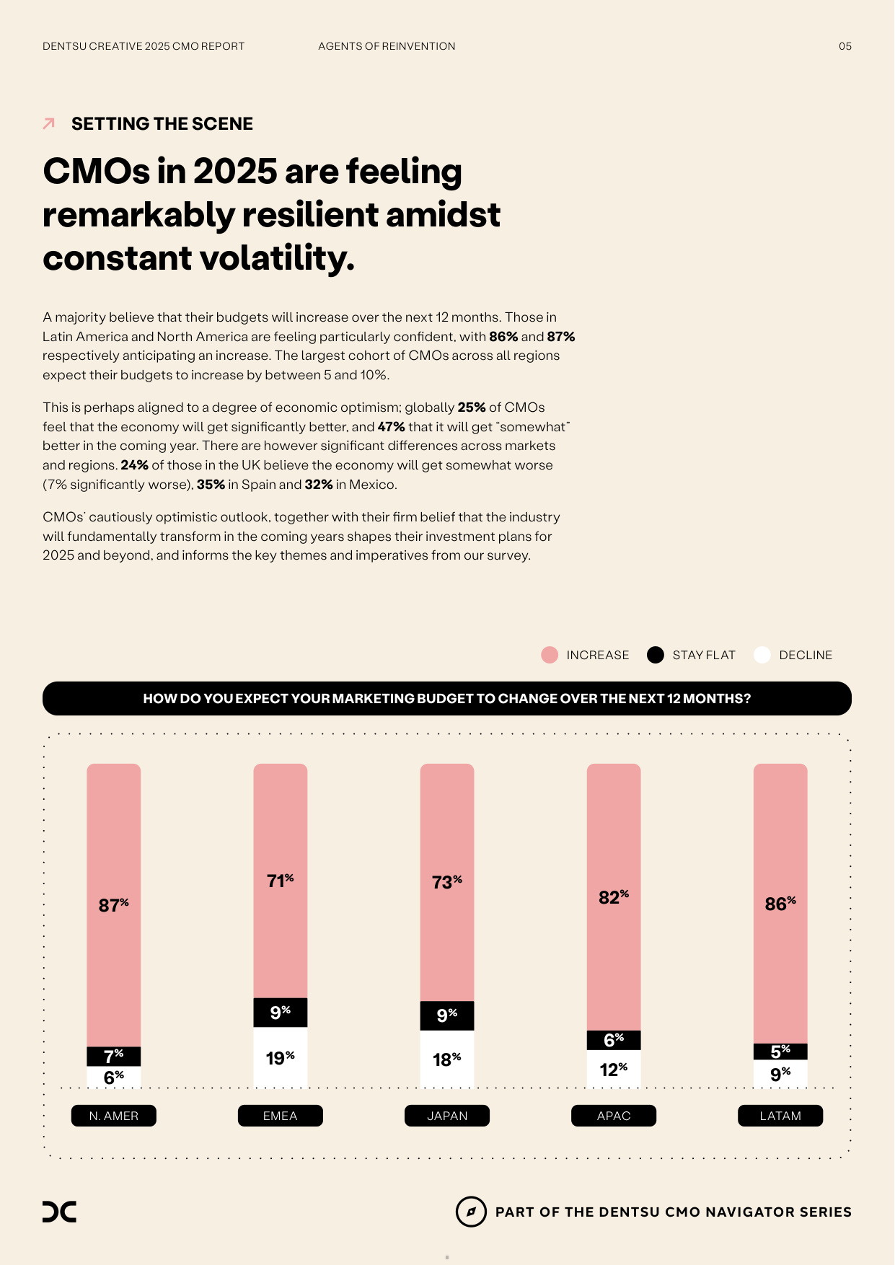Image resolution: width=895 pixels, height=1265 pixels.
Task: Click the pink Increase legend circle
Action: click(x=550, y=655)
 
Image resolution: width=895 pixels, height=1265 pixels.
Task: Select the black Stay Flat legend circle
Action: click(x=656, y=655)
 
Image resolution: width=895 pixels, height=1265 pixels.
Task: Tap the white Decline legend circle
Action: click(x=762, y=655)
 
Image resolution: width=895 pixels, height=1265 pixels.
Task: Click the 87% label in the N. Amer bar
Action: click(x=113, y=904)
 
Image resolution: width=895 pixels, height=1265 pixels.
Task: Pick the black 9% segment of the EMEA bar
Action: click(x=281, y=1013)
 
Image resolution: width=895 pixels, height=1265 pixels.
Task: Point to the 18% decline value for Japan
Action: click(x=447, y=1059)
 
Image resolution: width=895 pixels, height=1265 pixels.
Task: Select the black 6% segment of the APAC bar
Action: click(x=614, y=1040)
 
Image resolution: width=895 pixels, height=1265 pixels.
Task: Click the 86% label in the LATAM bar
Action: click(x=780, y=904)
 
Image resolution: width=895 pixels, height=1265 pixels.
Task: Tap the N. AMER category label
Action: click(x=114, y=1116)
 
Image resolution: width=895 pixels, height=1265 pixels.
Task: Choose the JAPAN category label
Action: click(x=447, y=1116)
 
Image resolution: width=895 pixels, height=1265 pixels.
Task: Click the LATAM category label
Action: click(x=780, y=1116)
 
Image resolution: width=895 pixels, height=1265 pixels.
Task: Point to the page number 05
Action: click(x=845, y=46)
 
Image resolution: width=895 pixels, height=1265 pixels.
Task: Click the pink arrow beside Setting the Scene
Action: click(x=49, y=123)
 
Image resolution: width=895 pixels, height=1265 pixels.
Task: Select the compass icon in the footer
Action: click(x=471, y=1212)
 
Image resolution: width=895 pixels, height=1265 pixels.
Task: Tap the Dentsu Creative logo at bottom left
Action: click(x=59, y=1212)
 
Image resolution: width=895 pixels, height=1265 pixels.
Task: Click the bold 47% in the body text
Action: click(x=391, y=427)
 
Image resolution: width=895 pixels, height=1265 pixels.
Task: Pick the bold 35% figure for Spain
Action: click(x=211, y=485)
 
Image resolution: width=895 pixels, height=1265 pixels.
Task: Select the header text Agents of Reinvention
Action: click(x=387, y=46)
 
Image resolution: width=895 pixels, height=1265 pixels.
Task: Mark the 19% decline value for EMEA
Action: click(x=281, y=1058)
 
